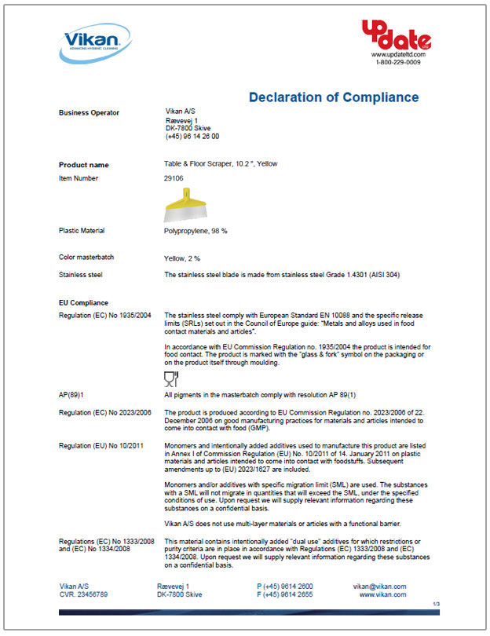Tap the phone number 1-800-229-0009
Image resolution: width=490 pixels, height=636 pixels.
398,62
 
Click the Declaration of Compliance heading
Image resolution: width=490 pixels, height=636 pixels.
334,97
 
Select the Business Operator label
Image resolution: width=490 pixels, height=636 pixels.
90,113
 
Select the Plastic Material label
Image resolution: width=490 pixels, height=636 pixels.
82,231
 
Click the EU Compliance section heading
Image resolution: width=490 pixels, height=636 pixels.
83,302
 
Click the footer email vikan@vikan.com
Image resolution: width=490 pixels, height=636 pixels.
380,587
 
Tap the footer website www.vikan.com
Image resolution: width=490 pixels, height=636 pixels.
382,594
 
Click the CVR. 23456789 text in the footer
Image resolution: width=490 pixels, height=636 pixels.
84,594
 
